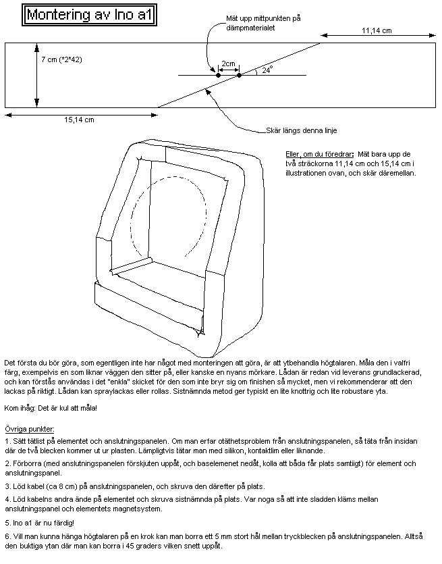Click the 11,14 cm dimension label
(377, 30)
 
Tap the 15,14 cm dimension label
(79, 120)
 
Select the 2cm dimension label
(228, 63)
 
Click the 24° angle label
(267, 69)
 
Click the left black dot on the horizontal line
(218, 75)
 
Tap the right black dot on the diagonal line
(239, 75)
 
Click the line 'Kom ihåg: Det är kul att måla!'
(51, 408)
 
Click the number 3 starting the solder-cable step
(7, 486)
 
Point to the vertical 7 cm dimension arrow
(35, 74)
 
